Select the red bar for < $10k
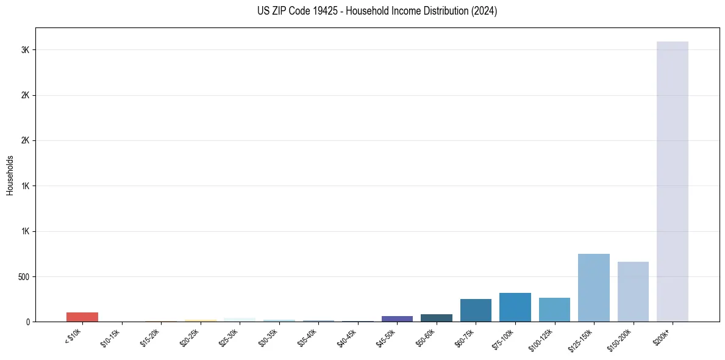82,317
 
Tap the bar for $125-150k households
593,287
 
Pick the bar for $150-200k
633,292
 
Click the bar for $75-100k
515,307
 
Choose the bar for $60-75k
476,310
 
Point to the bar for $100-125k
554,309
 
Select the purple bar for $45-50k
397,319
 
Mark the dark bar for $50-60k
436,318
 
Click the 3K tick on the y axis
26,50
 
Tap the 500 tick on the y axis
24,276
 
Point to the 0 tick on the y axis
29,322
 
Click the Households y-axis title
10,175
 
